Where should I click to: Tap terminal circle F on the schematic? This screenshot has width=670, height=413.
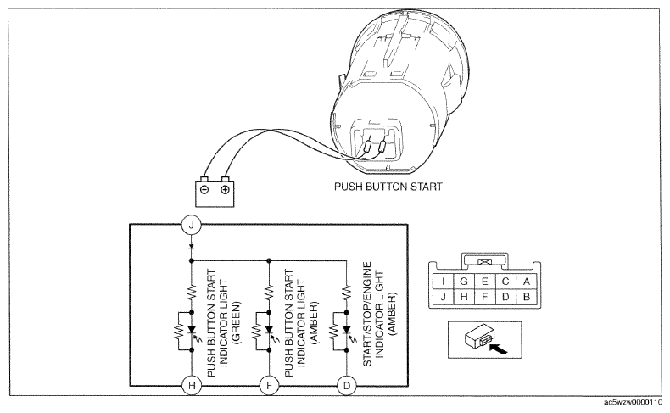(x=268, y=383)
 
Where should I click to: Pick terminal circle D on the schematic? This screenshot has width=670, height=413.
(x=347, y=383)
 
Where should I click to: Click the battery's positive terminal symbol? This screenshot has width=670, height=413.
(x=225, y=189)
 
